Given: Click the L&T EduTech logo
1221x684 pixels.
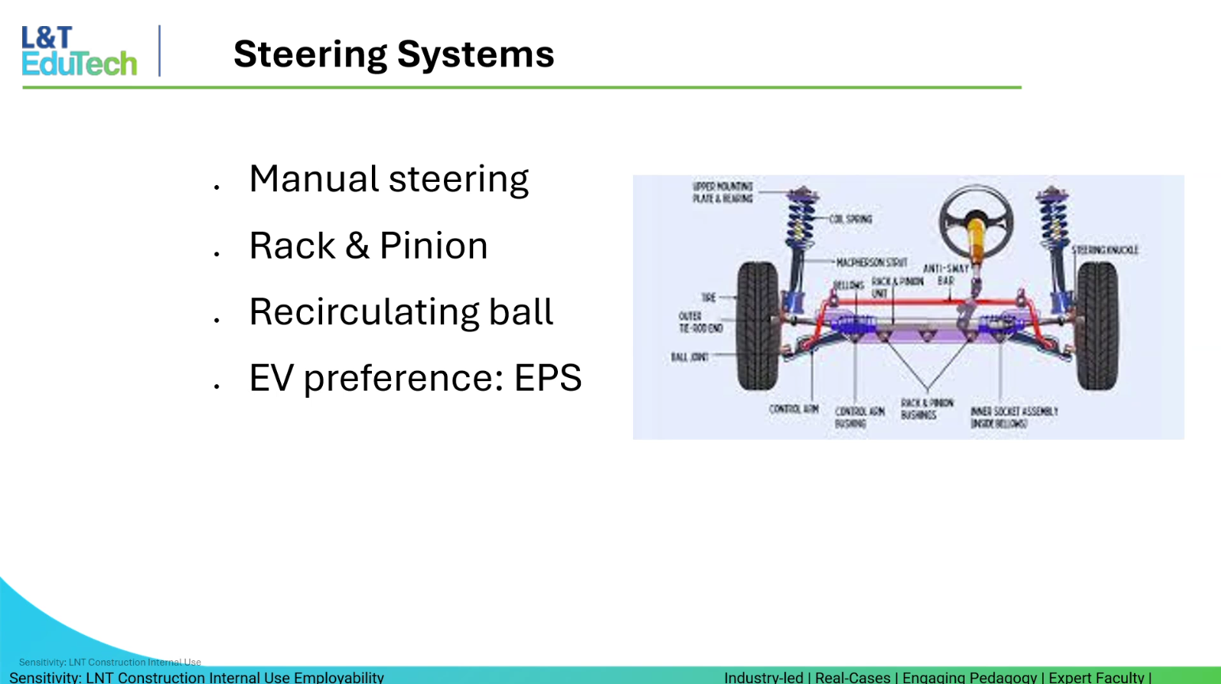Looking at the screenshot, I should tap(79, 51).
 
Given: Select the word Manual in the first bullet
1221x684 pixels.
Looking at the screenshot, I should tap(313, 179).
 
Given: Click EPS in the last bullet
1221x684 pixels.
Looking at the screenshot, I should tap(548, 378).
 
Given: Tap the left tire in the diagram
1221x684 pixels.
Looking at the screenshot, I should tap(757, 326).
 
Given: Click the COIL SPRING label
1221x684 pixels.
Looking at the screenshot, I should tap(851, 219).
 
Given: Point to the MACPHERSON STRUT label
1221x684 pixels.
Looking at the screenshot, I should tap(871, 262).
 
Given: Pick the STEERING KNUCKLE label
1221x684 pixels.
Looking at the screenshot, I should tap(1105, 250).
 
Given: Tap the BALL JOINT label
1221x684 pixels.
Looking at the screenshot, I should tap(689, 357).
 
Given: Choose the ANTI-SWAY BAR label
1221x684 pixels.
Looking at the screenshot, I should tap(946, 274).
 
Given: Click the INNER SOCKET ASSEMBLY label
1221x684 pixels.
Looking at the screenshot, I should tap(1014, 418).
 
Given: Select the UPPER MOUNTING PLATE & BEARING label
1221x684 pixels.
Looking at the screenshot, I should tap(722, 192).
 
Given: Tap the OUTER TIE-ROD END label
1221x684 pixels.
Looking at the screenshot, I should tap(700, 322).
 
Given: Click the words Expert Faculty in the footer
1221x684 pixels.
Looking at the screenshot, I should tap(1095, 678).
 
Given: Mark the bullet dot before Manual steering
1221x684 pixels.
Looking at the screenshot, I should tap(216, 187).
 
